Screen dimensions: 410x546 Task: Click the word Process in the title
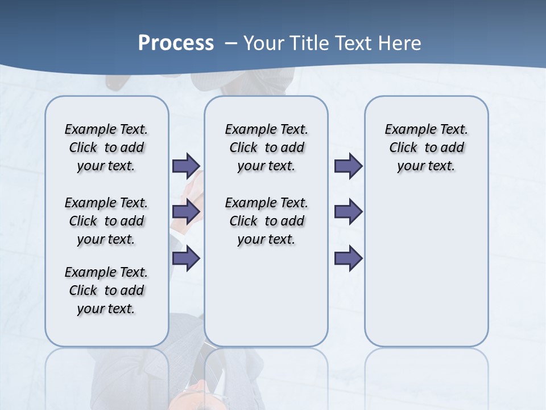pos(176,43)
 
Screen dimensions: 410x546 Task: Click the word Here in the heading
pos(399,43)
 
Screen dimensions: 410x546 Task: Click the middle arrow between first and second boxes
pos(185,212)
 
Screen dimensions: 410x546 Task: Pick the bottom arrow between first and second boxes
pos(185,259)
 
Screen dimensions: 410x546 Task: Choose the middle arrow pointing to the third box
pos(348,212)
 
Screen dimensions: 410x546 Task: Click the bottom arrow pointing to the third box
pos(348,259)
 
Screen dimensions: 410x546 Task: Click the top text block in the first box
pos(106,147)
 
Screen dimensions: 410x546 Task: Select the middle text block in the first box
pos(106,221)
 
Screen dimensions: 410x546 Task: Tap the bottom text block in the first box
pos(106,290)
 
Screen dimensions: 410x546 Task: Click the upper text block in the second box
pos(266,147)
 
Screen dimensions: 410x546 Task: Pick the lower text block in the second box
pos(266,221)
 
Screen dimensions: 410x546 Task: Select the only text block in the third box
pos(426,147)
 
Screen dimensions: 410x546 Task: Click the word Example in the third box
pos(406,130)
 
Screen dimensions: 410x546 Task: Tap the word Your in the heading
pos(263,43)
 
